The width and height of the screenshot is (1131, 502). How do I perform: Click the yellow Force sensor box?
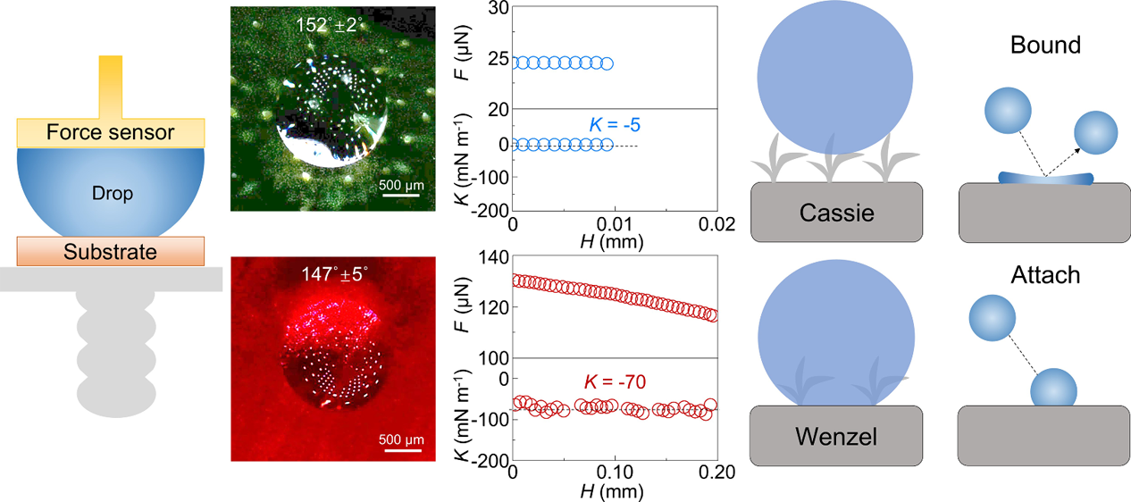pos(111,133)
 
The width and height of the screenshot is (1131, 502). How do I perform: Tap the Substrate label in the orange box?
pos(111,253)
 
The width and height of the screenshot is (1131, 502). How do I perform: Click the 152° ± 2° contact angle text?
pos(331,23)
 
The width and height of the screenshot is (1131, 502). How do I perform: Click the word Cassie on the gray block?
pos(835,213)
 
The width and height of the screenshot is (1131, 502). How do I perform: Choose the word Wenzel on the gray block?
pos(835,437)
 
